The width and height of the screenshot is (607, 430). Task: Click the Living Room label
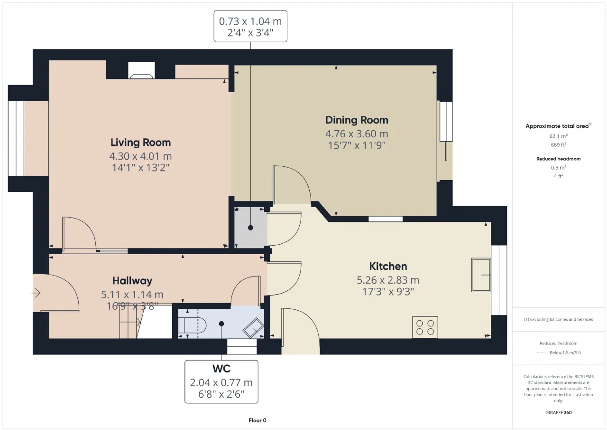click(x=140, y=143)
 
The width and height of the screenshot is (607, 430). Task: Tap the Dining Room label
click(x=357, y=120)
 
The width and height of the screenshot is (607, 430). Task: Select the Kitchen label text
click(x=388, y=266)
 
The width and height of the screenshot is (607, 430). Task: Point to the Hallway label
click(x=132, y=281)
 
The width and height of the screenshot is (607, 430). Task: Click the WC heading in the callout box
click(x=221, y=369)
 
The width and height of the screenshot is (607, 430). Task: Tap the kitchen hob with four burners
click(x=425, y=327)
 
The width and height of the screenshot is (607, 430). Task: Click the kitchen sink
click(x=481, y=275)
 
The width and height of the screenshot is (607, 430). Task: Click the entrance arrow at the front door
click(x=36, y=293)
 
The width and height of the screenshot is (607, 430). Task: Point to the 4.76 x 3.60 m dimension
click(x=357, y=134)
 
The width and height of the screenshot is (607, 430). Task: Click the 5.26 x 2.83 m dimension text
click(x=388, y=280)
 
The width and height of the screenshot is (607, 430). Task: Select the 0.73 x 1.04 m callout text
click(x=250, y=21)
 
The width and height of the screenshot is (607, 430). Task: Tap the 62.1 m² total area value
click(x=558, y=136)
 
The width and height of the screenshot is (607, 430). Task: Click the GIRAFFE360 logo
click(x=558, y=412)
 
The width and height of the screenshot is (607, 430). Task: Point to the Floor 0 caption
click(x=258, y=420)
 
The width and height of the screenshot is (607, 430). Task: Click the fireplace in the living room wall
click(x=141, y=71)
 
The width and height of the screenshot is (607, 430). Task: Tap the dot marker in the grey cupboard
click(x=250, y=228)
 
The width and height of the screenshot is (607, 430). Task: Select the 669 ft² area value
click(x=558, y=145)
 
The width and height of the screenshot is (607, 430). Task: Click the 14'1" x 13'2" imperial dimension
click(x=140, y=168)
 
